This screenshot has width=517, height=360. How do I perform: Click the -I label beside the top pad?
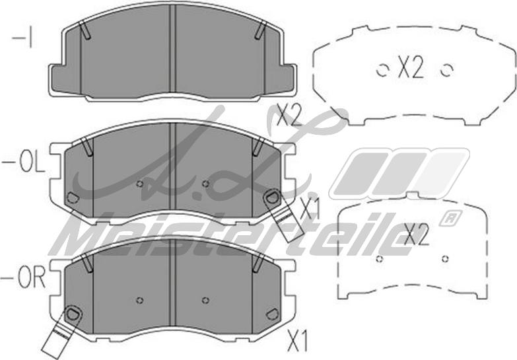tap(23, 38)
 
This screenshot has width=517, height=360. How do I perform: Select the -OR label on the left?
tap(24, 278)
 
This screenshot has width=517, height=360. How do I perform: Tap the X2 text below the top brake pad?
tap(289, 117)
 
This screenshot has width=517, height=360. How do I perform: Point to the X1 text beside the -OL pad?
tap(309, 210)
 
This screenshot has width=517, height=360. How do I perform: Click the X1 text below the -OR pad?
tap(298, 341)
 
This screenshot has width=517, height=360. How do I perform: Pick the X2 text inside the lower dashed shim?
tap(416, 235)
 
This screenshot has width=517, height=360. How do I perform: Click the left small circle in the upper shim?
tap(381, 69)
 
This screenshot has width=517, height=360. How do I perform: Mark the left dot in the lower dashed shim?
tap(379, 258)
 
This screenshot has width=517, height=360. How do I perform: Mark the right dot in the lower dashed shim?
tap(445, 258)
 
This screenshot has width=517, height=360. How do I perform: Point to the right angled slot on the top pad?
tap(261, 30)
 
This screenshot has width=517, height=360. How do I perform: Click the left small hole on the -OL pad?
tap(139, 184)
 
